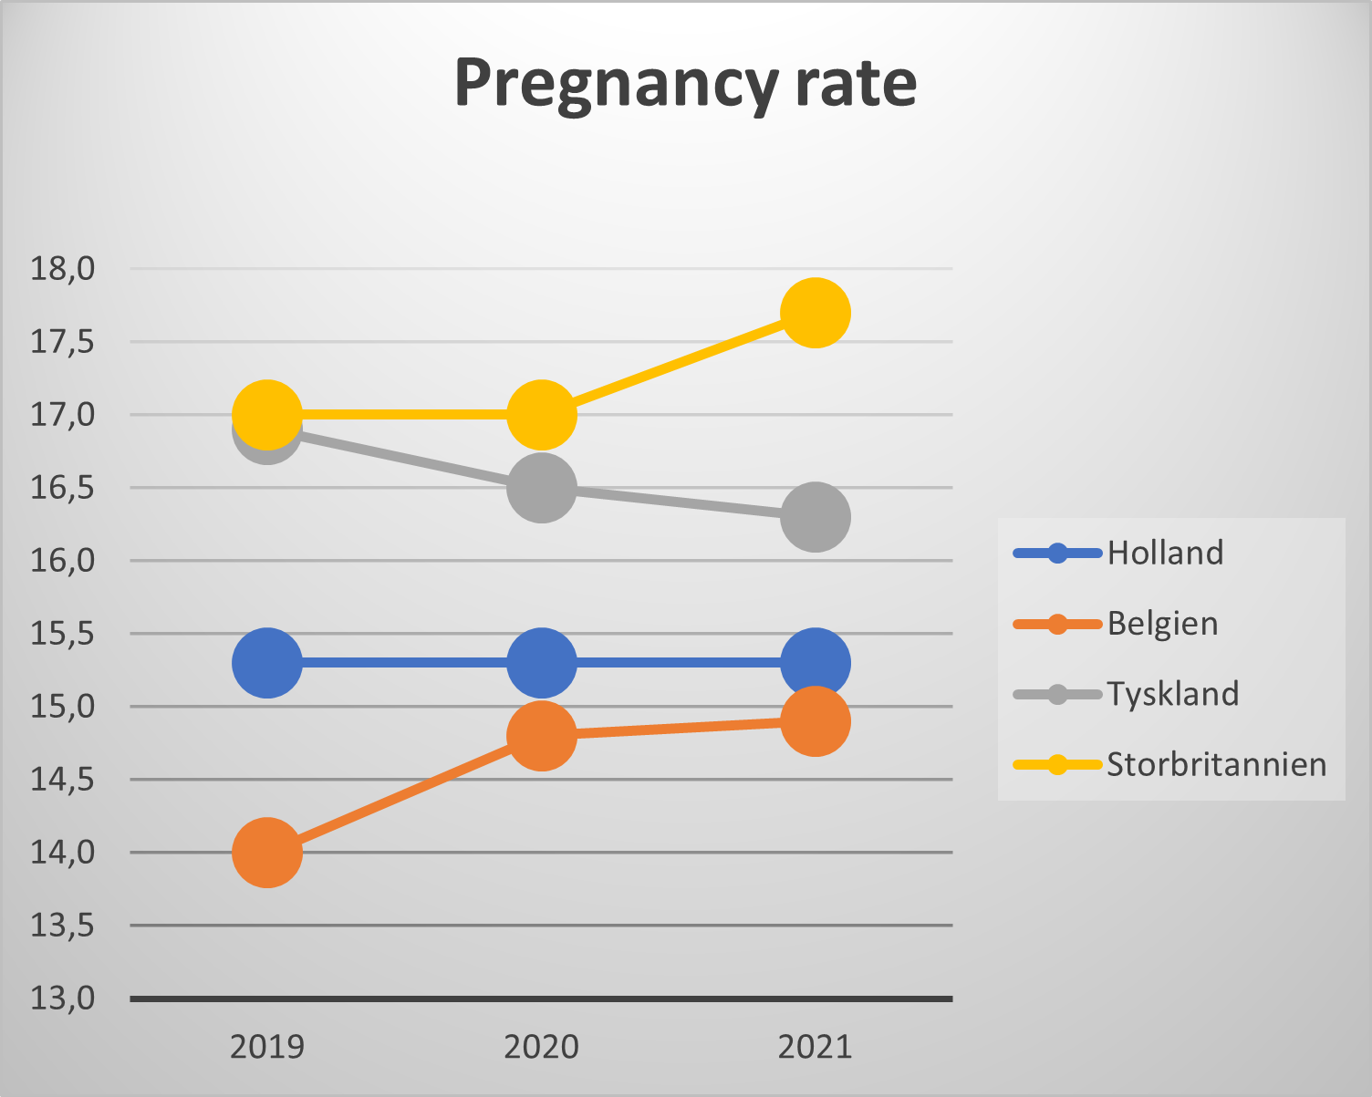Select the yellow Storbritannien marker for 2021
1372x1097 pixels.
[816, 313]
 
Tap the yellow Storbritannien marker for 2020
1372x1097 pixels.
[542, 415]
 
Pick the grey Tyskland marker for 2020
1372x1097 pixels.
[542, 487]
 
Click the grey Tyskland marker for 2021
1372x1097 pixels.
[816, 517]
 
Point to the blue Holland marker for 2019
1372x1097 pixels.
[267, 663]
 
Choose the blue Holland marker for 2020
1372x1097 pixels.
[542, 663]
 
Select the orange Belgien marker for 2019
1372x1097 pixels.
[267, 852]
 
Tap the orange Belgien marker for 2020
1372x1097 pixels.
[542, 735]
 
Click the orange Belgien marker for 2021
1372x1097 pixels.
[816, 721]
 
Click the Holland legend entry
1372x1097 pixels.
[1164, 553]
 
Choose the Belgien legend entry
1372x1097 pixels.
[1162, 624]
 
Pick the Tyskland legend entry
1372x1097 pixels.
[1172, 694]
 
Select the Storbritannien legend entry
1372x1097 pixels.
[1216, 764]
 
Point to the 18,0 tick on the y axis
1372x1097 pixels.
[63, 269]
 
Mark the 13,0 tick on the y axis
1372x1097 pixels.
[63, 999]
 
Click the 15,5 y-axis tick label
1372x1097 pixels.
[63, 634]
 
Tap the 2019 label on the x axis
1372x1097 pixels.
[267, 1047]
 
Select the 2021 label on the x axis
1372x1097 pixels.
[816, 1047]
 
